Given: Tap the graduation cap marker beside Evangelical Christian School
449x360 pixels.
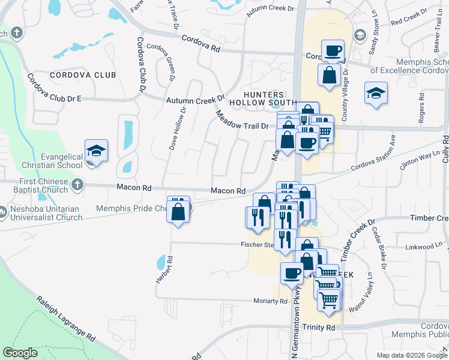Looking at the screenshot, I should pyautogui.click(x=96, y=151).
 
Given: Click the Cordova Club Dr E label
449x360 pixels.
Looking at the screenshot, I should pyautogui.click(x=54, y=89).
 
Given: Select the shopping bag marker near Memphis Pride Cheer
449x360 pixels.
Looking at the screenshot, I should pyautogui.click(x=178, y=212).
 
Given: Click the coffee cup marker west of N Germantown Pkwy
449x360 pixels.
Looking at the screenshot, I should pyautogui.click(x=292, y=273).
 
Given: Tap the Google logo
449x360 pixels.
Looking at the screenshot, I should pyautogui.click(x=21, y=353).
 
